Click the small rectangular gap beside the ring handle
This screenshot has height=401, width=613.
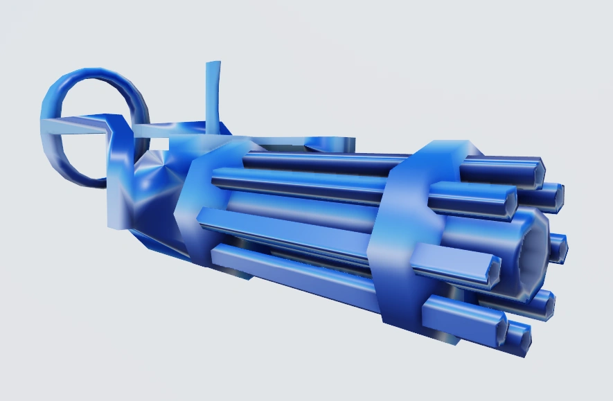point(159,143)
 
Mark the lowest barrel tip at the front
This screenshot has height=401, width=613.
point(519,336)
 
